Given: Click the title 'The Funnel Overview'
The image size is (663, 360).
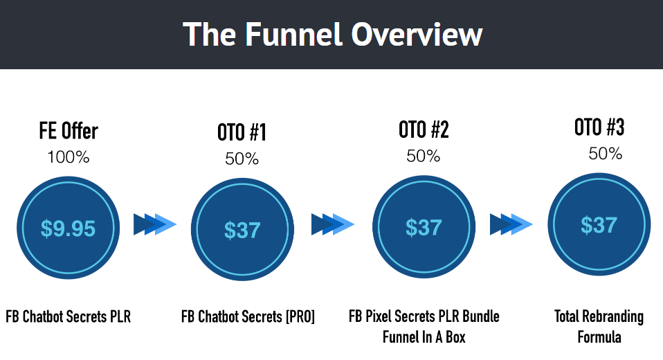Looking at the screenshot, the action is (x=332, y=35).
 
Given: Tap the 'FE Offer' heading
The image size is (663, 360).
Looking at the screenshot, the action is (x=69, y=130).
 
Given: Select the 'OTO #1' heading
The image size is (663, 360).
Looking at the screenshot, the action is (x=242, y=132).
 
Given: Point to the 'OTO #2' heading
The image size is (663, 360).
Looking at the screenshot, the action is (x=424, y=129).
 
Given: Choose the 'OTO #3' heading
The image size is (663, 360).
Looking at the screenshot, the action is (x=599, y=127).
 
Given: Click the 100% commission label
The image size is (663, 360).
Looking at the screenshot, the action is (x=69, y=157).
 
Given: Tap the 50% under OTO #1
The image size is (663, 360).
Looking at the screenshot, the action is (x=242, y=159).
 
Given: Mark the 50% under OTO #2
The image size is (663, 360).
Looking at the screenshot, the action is (x=424, y=156).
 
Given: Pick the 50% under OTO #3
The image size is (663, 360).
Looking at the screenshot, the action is (x=605, y=154).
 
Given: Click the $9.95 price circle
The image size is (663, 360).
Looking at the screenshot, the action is (x=68, y=228).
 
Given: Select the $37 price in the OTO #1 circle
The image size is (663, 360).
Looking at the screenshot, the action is (x=242, y=230).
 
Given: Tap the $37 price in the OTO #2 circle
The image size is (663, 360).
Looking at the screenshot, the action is (x=424, y=228).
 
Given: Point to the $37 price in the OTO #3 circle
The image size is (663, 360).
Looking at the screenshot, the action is (x=599, y=224).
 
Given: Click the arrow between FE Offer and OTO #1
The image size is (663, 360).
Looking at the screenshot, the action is (x=155, y=224).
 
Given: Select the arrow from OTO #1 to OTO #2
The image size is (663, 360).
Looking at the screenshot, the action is (x=333, y=224).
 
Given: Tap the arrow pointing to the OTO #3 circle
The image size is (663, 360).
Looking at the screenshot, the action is (x=511, y=224).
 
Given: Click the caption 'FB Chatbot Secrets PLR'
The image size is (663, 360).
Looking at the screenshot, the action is (x=68, y=316).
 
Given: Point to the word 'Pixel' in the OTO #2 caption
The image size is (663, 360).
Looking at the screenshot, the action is (x=378, y=316).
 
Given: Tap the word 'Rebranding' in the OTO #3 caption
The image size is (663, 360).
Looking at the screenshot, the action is (x=613, y=317).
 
